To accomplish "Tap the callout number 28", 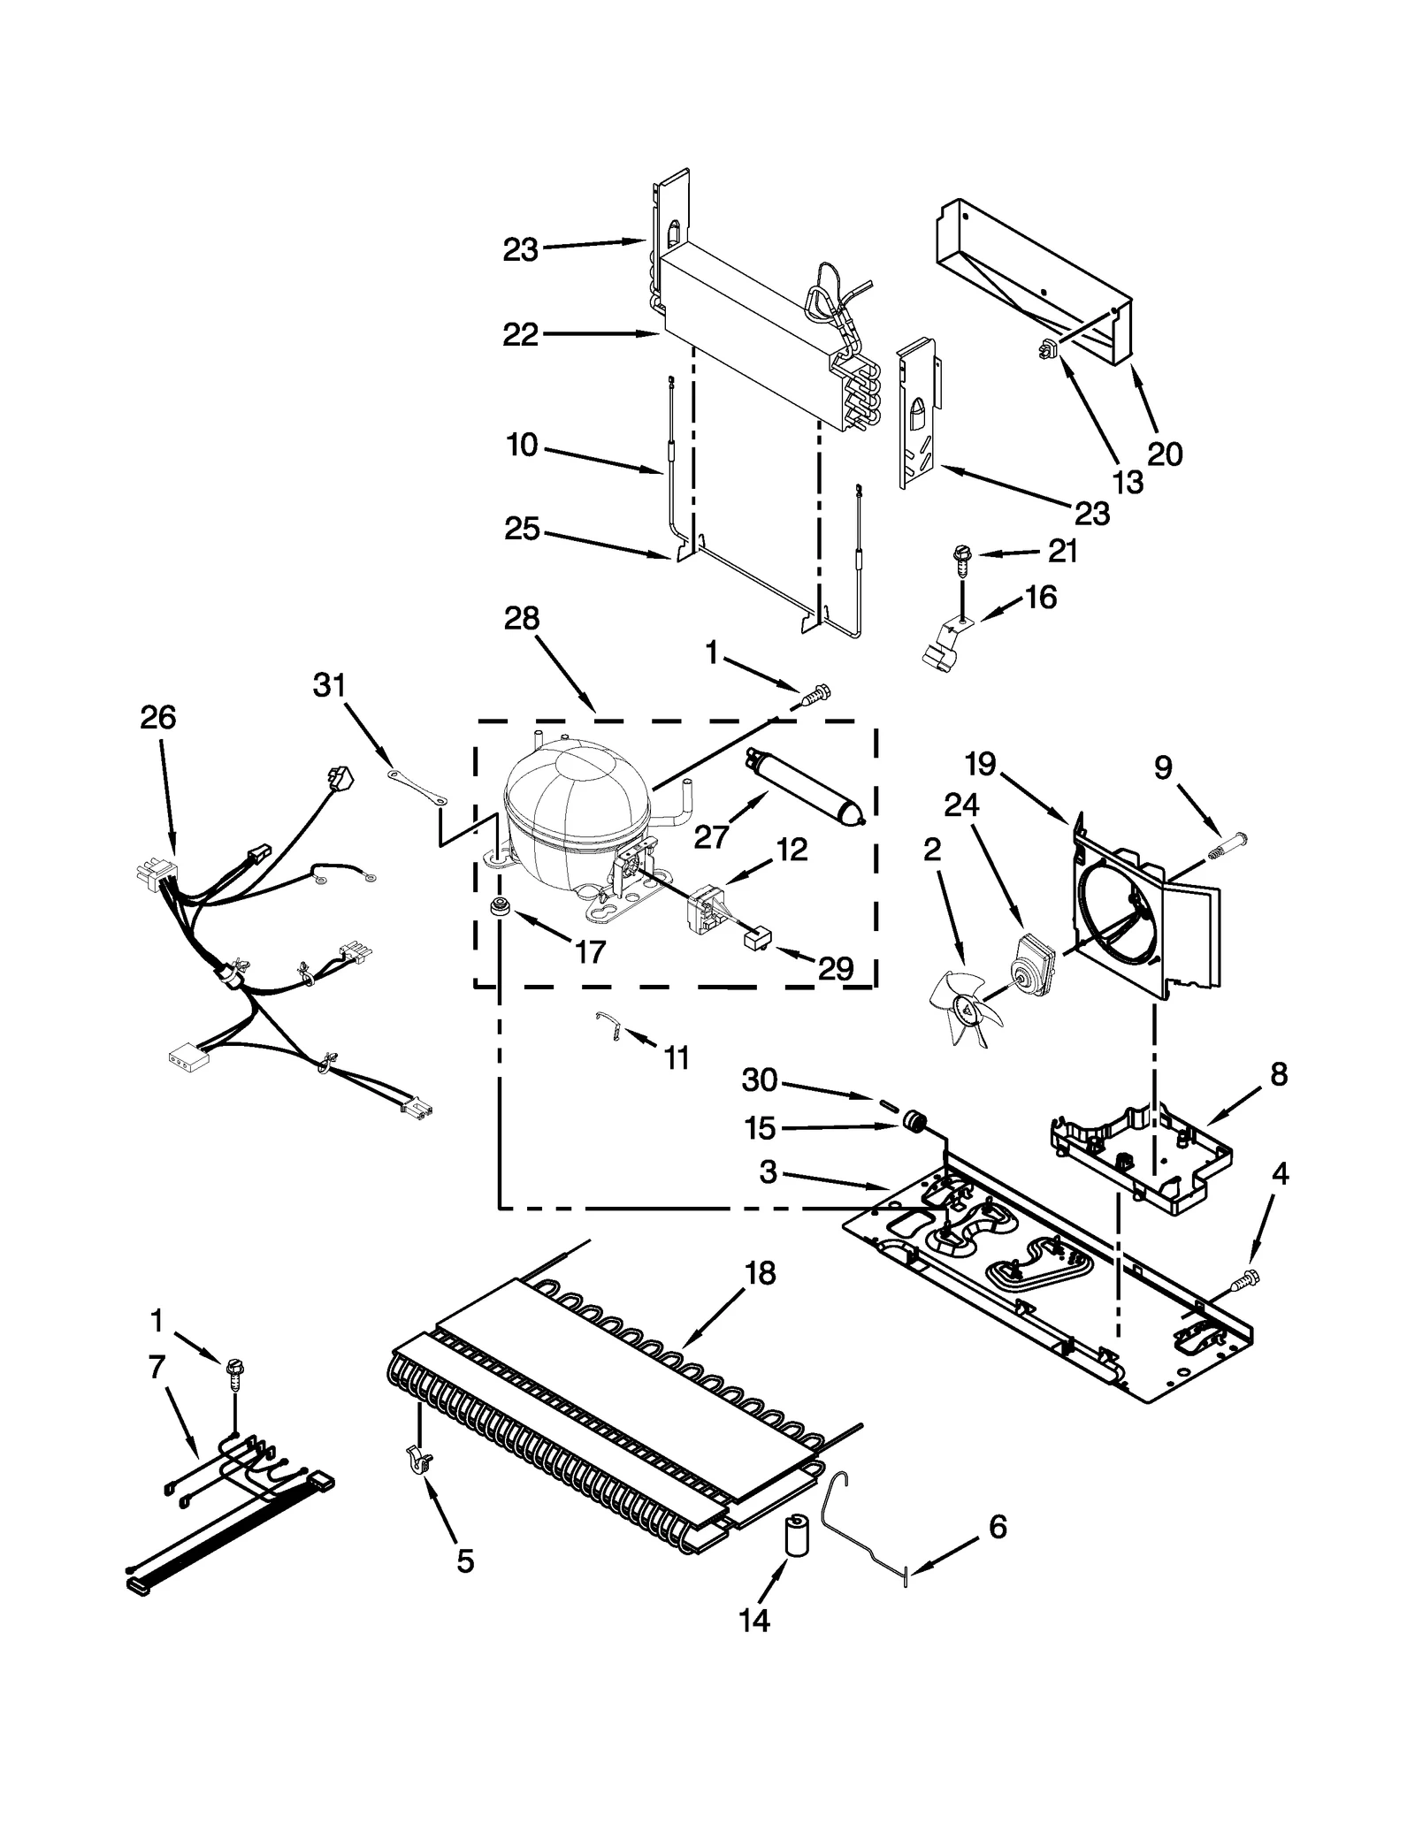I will click(521, 618).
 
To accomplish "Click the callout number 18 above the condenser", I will click(760, 1273).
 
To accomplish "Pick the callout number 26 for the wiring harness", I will click(157, 717).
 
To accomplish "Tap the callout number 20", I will click(1165, 454).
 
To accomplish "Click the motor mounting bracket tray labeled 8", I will click(1141, 1158).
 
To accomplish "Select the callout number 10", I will click(522, 445).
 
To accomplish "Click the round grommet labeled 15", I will click(913, 1124).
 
